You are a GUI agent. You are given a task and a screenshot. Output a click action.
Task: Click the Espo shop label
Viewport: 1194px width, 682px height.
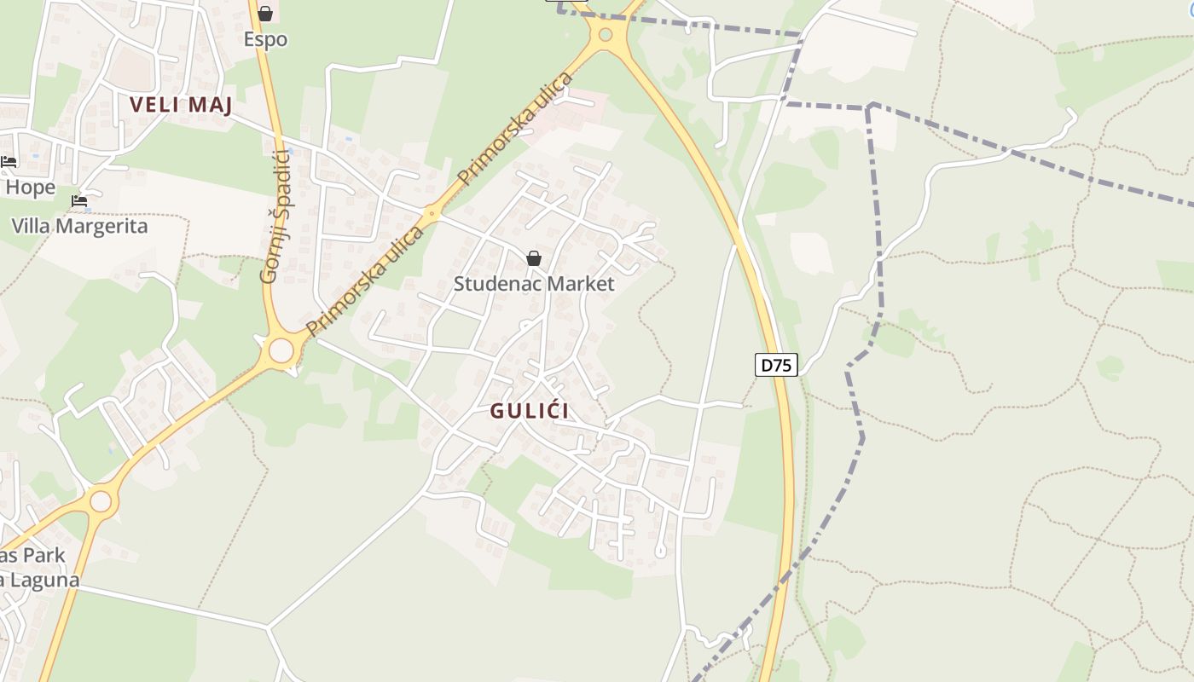(265, 39)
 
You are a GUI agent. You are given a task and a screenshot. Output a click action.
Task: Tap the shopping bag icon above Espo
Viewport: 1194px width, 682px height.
(265, 14)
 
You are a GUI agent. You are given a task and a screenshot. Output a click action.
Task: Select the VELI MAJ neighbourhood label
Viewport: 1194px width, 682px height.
(181, 105)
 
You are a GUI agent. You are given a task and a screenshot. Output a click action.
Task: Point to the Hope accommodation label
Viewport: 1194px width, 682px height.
(31, 187)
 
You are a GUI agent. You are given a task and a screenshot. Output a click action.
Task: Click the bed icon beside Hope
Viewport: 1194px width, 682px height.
(9, 162)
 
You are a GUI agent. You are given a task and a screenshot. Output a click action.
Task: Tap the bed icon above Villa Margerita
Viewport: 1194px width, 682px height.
(79, 201)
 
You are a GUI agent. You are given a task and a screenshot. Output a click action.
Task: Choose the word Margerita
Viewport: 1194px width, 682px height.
(103, 226)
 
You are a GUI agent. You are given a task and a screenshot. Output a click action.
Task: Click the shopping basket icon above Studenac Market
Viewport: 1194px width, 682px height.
(534, 258)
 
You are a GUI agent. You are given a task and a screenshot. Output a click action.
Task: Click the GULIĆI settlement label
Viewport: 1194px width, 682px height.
(529, 410)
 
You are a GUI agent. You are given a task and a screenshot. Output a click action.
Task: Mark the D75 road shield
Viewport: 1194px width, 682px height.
(776, 365)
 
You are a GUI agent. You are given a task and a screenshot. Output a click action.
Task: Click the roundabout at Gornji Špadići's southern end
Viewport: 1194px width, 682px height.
(281, 350)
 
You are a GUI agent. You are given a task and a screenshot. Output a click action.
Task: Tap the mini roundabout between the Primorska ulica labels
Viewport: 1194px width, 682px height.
(432, 214)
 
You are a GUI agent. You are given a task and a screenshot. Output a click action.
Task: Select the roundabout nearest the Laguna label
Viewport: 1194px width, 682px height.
(101, 501)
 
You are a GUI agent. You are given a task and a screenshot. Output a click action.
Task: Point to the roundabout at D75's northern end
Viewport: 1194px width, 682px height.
(606, 35)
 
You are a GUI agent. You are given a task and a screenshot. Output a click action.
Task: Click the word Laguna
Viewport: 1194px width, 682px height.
(43, 580)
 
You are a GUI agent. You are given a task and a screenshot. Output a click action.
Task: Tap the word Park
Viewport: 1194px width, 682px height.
(44, 555)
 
